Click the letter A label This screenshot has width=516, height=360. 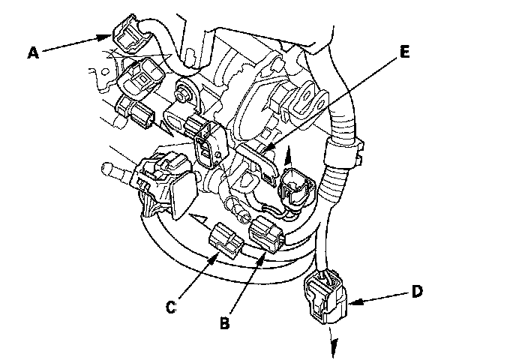[33, 52]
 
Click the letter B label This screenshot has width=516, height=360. [224, 322]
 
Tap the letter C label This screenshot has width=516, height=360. [171, 307]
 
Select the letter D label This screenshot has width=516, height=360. [417, 291]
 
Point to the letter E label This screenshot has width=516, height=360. [405, 52]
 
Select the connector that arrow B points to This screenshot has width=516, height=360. [266, 234]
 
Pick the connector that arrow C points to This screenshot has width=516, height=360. [226, 239]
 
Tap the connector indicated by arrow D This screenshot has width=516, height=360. [326, 296]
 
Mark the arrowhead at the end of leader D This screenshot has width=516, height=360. [355, 301]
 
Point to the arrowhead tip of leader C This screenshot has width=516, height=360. [218, 253]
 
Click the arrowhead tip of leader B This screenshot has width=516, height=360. [265, 253]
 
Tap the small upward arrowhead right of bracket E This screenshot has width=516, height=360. [288, 154]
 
